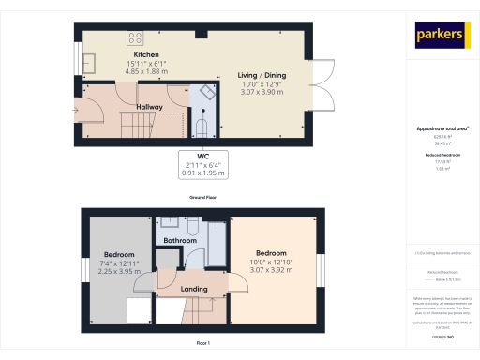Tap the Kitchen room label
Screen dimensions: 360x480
click(145, 55)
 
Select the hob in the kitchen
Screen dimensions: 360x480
click(135, 38)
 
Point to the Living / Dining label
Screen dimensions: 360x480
click(262, 75)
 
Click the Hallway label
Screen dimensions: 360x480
click(150, 107)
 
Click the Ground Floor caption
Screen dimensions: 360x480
click(203, 199)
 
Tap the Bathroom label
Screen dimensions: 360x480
click(179, 241)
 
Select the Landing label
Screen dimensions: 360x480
click(194, 289)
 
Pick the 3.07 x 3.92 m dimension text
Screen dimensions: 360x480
click(272, 269)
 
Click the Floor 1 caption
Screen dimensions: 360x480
click(203, 344)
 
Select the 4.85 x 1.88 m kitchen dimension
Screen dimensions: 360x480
click(145, 70)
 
